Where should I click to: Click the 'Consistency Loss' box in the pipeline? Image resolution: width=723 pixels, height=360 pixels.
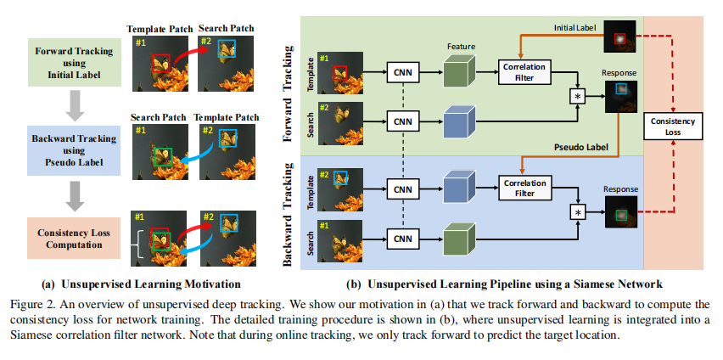(673, 127)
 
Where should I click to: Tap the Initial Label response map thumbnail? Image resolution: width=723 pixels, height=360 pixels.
(619, 38)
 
